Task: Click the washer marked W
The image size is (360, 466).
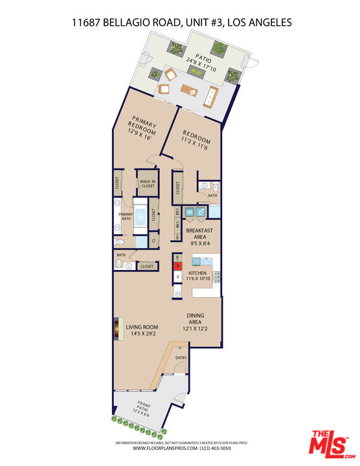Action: tap(190, 212)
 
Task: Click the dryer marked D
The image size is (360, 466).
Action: tap(201, 212)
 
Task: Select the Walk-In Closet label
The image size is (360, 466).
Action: tap(148, 184)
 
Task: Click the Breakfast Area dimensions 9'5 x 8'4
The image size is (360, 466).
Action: tap(199, 243)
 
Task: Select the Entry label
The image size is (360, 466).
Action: tap(181, 358)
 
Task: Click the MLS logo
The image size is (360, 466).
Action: tap(330, 443)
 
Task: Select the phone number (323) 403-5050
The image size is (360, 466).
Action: tap(206, 447)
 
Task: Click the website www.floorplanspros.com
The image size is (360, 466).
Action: tap(161, 447)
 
